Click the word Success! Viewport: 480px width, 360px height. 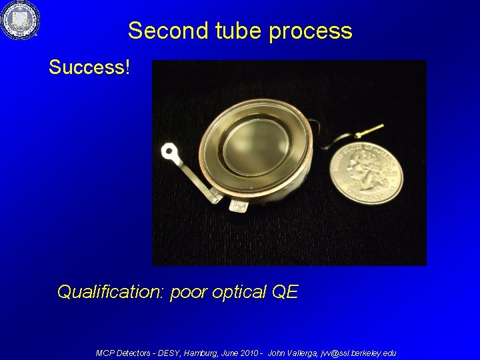89,67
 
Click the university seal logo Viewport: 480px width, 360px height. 20,20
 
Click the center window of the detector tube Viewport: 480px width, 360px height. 255,145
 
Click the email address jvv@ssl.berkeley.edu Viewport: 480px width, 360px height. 358,353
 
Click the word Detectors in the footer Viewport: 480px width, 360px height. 133,353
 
